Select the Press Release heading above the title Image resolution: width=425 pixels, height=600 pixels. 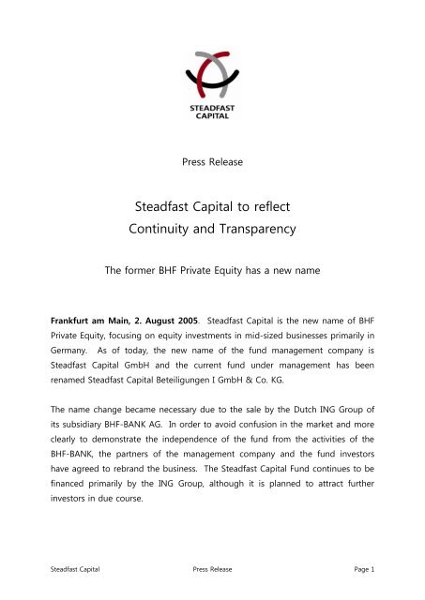(x=212, y=161)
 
